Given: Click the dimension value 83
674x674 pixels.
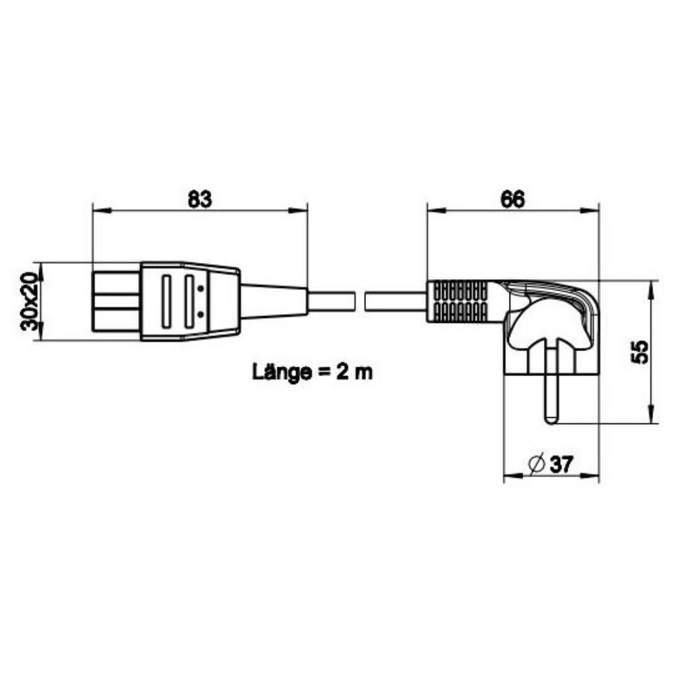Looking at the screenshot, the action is pyautogui.click(x=200, y=200).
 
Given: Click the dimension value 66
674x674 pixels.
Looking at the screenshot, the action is pyautogui.click(x=512, y=200).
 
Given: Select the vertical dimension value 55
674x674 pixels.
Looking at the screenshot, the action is pyautogui.click(x=639, y=352).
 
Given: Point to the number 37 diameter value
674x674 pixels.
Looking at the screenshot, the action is pyautogui.click(x=561, y=464).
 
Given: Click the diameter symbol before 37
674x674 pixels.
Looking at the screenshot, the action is pyautogui.click(x=537, y=464).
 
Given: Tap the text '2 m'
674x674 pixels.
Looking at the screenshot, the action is pyautogui.click(x=355, y=372).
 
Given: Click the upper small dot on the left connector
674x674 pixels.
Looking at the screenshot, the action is pyautogui.click(x=200, y=288).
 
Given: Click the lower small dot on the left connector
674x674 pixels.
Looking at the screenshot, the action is pyautogui.click(x=200, y=315).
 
